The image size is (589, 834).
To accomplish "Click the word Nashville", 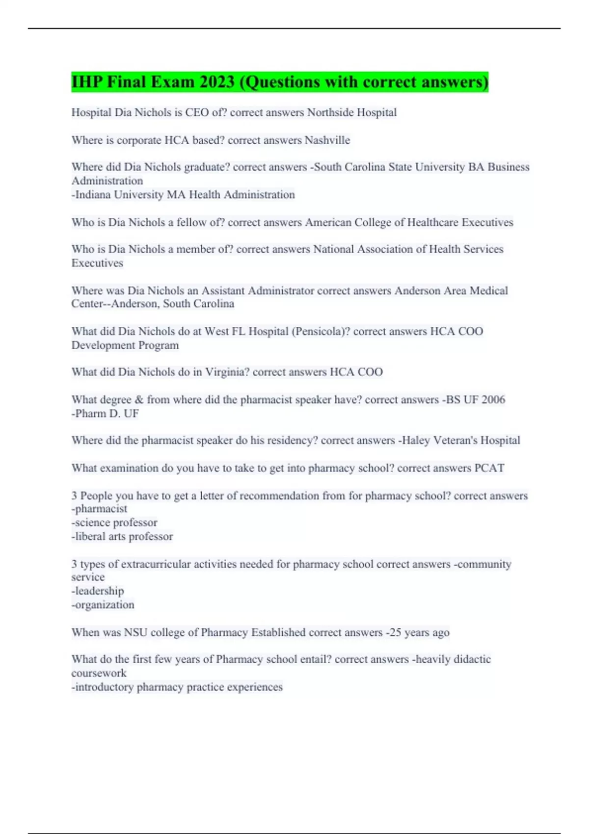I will [x=327, y=140].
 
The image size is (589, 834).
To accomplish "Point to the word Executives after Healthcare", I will [x=487, y=222].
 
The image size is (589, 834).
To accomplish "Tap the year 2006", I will [x=493, y=400].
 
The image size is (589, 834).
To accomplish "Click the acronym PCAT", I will [x=489, y=468].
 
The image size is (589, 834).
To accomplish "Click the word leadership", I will [x=98, y=591].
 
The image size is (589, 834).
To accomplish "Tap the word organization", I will [x=103, y=605].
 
